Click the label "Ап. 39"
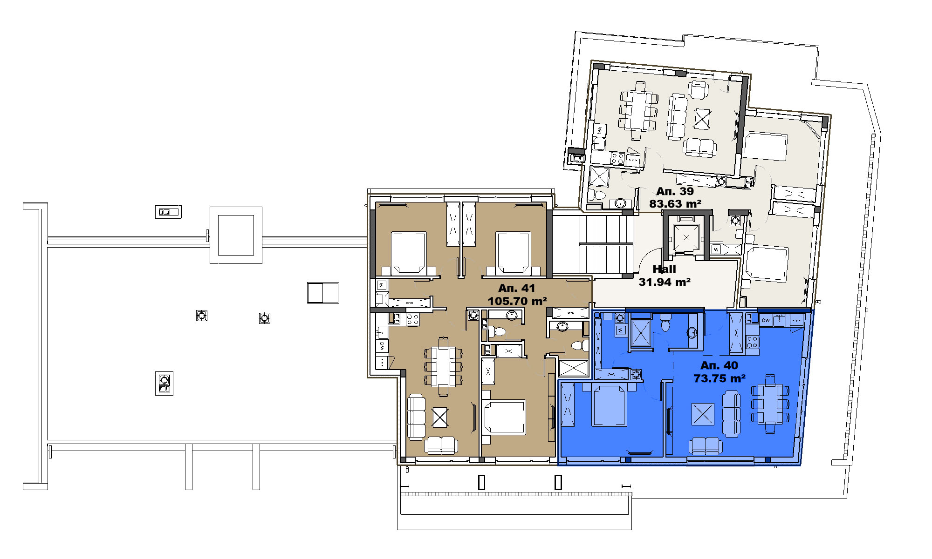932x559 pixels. pyautogui.click(x=675, y=191)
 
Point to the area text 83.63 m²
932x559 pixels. pyautogui.click(x=675, y=204)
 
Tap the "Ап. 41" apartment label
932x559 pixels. pyautogui.click(x=517, y=288)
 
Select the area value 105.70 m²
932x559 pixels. pyautogui.click(x=517, y=301)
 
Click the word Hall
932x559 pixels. pyautogui.click(x=664, y=269)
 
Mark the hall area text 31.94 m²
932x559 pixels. pyautogui.click(x=665, y=282)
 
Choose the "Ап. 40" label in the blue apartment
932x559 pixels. pyautogui.click(x=719, y=365)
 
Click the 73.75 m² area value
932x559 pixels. pyautogui.click(x=720, y=378)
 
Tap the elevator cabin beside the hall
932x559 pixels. pyautogui.click(x=686, y=238)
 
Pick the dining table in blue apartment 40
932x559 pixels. pyautogui.click(x=770, y=404)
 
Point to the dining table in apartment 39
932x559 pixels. pyautogui.click(x=638, y=110)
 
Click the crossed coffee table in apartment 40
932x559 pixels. pyautogui.click(x=703, y=414)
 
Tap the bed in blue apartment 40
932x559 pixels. pyautogui.click(x=609, y=405)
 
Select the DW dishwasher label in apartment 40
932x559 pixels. pyautogui.click(x=766, y=320)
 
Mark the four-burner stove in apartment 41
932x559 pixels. pyautogui.click(x=412, y=319)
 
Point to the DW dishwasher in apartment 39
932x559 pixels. pyautogui.click(x=600, y=130)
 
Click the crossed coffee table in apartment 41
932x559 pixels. pyautogui.click(x=440, y=417)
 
